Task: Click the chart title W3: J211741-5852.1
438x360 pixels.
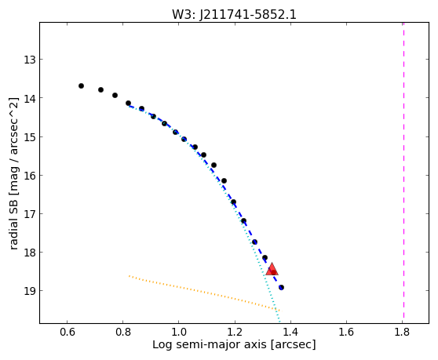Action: point(234,15)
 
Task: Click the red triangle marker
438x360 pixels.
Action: point(272,269)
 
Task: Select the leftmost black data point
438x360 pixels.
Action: point(81,85)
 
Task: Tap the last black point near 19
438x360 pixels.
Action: point(281,287)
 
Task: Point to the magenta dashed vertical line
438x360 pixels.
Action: point(403,170)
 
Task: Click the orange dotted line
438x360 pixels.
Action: point(204,293)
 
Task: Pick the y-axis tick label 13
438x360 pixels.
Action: point(30,60)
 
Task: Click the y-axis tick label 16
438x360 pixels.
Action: point(30,176)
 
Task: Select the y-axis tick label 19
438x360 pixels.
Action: point(30,291)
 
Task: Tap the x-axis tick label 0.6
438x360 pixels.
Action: point(67,332)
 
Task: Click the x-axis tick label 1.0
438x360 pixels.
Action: point(179,332)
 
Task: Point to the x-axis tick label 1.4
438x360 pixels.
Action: point(290,332)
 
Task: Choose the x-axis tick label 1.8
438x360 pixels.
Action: point(402,332)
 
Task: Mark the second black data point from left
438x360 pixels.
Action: point(100,89)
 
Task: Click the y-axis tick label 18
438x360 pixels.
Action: point(30,253)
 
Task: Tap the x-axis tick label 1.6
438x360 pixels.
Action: point(346,332)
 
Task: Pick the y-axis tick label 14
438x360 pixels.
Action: point(30,98)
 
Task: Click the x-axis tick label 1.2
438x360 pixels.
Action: point(235,332)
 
